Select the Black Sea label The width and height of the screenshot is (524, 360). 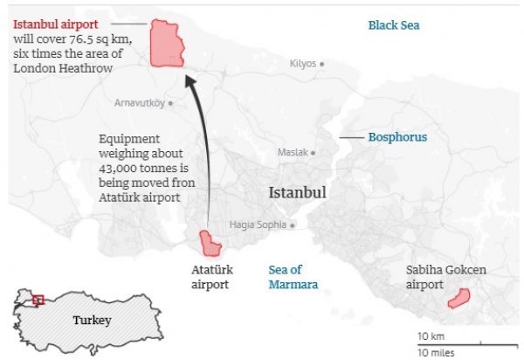394,25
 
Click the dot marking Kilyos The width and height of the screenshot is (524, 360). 321,64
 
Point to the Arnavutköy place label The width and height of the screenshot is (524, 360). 139,103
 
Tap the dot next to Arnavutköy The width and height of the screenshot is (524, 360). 170,103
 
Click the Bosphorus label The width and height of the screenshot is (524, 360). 397,138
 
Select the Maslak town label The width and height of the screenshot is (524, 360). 293,152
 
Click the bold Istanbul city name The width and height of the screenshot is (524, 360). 298,192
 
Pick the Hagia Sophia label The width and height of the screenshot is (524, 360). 257,225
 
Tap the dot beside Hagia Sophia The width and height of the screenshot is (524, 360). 293,225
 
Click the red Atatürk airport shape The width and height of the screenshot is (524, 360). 209,243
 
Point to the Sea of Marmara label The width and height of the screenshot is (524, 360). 293,277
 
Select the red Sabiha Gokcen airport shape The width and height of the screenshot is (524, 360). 458,300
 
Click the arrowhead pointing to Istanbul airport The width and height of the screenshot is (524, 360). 191,80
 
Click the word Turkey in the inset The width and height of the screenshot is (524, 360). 92,320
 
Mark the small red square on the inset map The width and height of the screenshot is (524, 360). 38,300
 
